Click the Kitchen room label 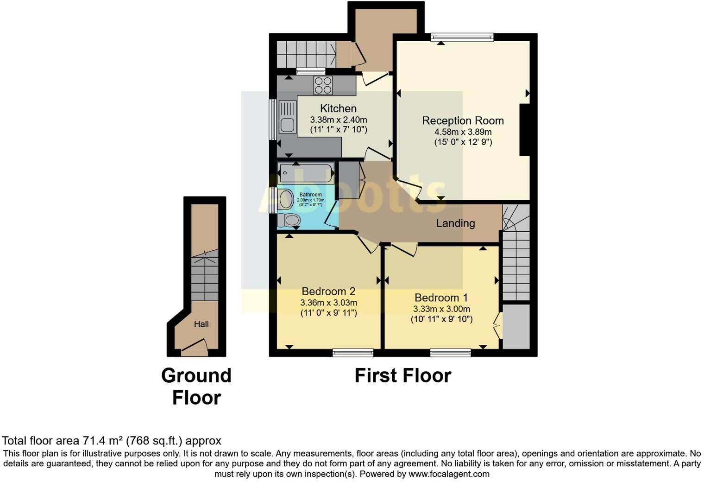click(338, 108)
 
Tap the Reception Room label click(463, 120)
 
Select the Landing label click(455, 223)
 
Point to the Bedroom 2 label click(328, 292)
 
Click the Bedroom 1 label click(441, 298)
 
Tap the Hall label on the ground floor click(201, 324)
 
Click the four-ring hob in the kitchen click(323, 86)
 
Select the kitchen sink click(287, 124)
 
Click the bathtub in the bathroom click(306, 173)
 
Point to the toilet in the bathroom click(289, 220)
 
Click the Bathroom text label click(310, 195)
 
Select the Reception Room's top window click(462, 38)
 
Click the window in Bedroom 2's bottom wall click(353, 353)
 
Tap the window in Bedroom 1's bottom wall click(450, 353)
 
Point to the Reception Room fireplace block click(524, 130)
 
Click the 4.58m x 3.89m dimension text click(463, 132)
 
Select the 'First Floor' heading click(402, 375)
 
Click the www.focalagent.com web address click(449, 474)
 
